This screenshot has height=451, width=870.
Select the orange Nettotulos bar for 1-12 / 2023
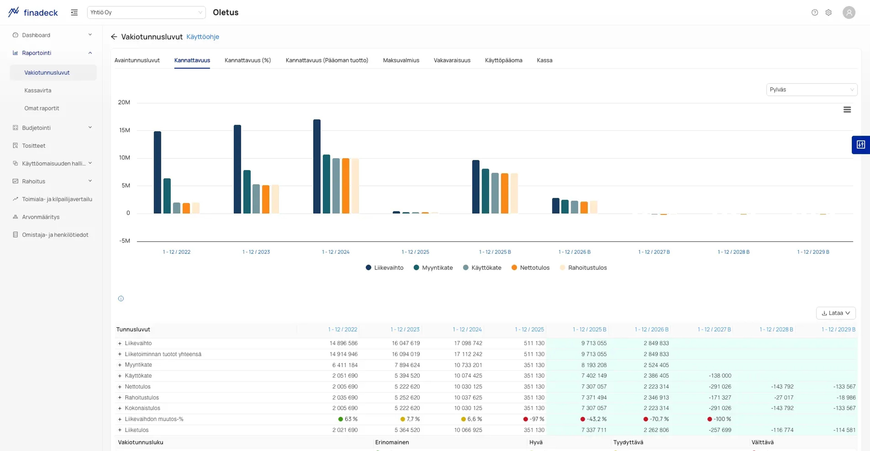266,199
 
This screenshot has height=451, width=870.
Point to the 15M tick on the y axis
124,130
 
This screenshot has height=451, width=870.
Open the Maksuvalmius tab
401,60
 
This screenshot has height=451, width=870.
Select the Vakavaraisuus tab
452,60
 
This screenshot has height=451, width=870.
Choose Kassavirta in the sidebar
38,90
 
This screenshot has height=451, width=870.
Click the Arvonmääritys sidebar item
41,217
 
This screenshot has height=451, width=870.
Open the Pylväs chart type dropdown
812,90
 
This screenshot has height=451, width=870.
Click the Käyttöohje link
203,36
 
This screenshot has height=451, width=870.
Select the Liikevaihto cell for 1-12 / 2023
406,343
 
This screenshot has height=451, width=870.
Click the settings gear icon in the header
829,12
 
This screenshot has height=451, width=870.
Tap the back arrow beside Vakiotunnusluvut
114,36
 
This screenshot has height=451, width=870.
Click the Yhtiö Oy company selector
146,12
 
